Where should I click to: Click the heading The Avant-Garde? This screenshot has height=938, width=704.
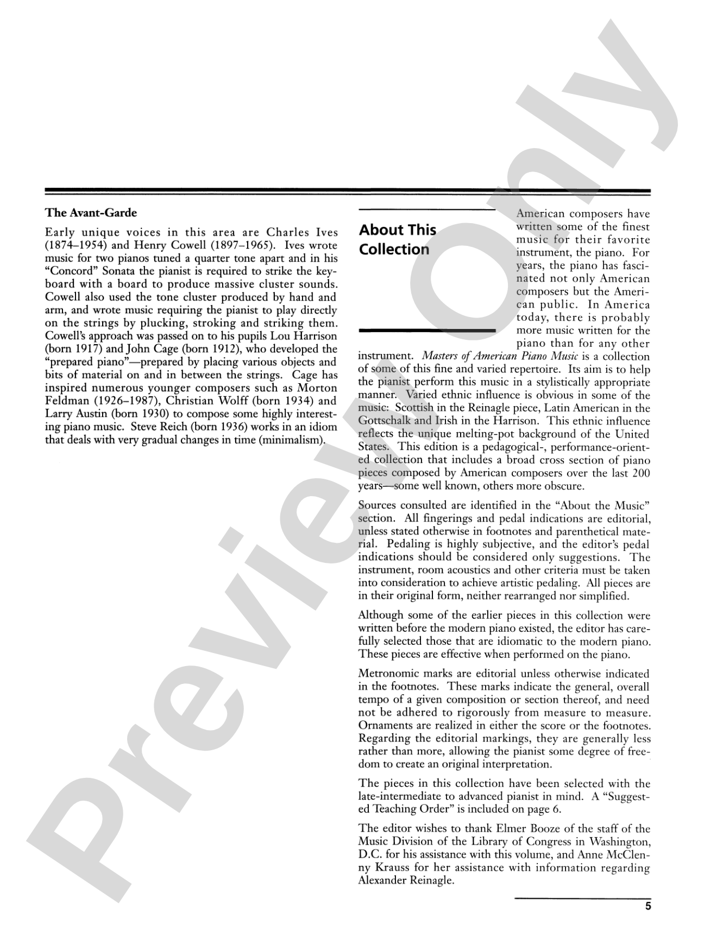[91, 213]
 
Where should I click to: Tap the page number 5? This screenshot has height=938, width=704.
[647, 906]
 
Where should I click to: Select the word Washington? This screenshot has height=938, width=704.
[619, 842]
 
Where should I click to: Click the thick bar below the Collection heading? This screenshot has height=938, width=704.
[427, 330]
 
